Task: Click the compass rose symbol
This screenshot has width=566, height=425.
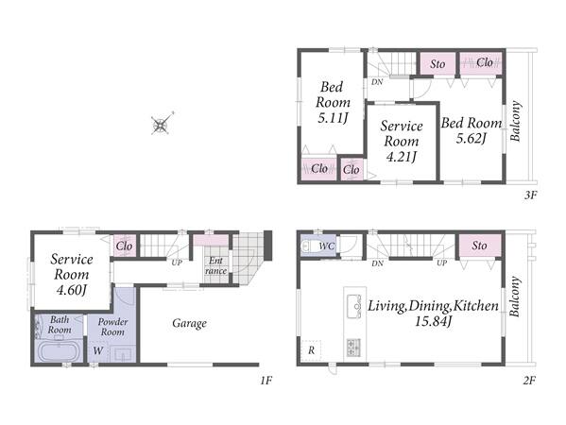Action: pyautogui.click(x=161, y=125)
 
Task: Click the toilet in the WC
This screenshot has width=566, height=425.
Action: pyautogui.click(x=306, y=246)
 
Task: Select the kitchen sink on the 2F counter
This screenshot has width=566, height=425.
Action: pyautogui.click(x=353, y=306)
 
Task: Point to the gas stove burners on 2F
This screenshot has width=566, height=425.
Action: pyautogui.click(x=353, y=347)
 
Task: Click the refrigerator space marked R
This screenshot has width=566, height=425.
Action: pyautogui.click(x=311, y=349)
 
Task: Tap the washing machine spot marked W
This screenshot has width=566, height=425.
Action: pyautogui.click(x=98, y=350)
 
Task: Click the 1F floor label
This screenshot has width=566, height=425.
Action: pyautogui.click(x=266, y=381)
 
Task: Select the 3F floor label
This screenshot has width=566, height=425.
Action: pyautogui.click(x=531, y=195)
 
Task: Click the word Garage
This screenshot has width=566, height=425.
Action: pyautogui.click(x=190, y=323)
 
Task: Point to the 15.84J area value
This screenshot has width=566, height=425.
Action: pyautogui.click(x=433, y=321)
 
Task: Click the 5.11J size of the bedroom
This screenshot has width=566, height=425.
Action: pyautogui.click(x=333, y=118)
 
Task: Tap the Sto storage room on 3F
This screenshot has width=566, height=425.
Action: pyautogui.click(x=437, y=64)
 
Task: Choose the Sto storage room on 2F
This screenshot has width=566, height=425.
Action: pyautogui.click(x=479, y=246)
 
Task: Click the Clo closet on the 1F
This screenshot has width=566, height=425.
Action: pyautogui.click(x=124, y=246)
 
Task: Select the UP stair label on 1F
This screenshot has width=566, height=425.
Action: pyautogui.click(x=177, y=263)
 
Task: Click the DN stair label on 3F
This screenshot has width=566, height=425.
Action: pyautogui.click(x=377, y=82)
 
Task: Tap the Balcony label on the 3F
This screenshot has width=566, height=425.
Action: pyautogui.click(x=516, y=121)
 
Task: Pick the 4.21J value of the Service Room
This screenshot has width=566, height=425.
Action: pyautogui.click(x=402, y=157)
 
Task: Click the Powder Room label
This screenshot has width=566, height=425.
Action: pyautogui.click(x=112, y=327)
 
